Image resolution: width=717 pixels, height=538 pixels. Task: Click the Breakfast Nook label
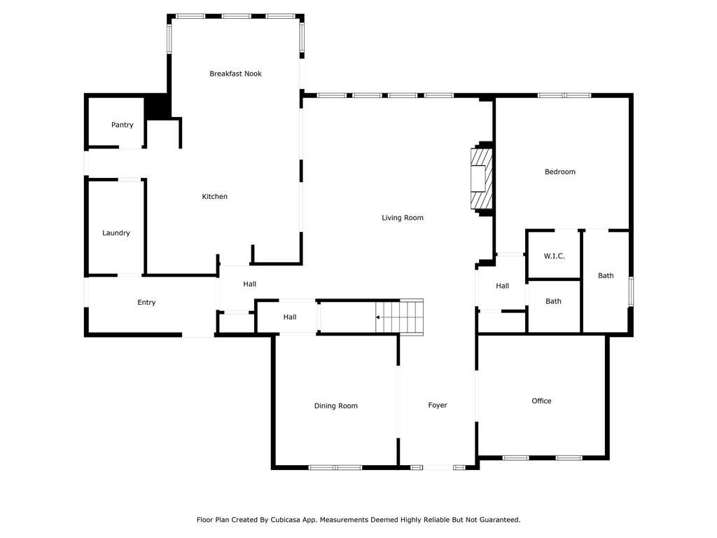[x=235, y=74]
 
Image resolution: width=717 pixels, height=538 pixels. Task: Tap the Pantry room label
[x=122, y=125]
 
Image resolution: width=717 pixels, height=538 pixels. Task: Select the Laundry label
[x=116, y=233]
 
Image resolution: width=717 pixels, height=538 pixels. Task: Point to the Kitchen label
[x=215, y=197]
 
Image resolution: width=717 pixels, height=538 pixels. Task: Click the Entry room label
[x=146, y=303]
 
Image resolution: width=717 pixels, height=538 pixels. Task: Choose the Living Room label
[x=403, y=218]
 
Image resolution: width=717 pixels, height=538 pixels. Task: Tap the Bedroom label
[x=560, y=172]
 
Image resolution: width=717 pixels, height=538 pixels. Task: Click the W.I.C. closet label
[x=554, y=256]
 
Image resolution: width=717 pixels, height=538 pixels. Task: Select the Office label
[x=541, y=401]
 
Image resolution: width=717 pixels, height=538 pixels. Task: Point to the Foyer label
[x=438, y=406]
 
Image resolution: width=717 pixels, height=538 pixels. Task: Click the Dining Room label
[x=336, y=406]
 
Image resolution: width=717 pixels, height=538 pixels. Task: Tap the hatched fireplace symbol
[x=481, y=179]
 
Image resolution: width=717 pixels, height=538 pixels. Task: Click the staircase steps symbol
[x=401, y=317]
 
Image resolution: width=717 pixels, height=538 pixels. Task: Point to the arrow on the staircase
[x=379, y=317]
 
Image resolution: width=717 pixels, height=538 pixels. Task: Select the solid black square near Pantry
[x=158, y=106]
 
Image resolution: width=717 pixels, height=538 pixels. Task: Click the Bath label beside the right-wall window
[x=606, y=276]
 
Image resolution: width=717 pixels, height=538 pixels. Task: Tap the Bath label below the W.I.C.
[x=554, y=302]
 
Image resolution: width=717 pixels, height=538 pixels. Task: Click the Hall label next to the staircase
[x=290, y=317]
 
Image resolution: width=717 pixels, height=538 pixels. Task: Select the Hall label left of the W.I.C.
[x=502, y=286]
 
